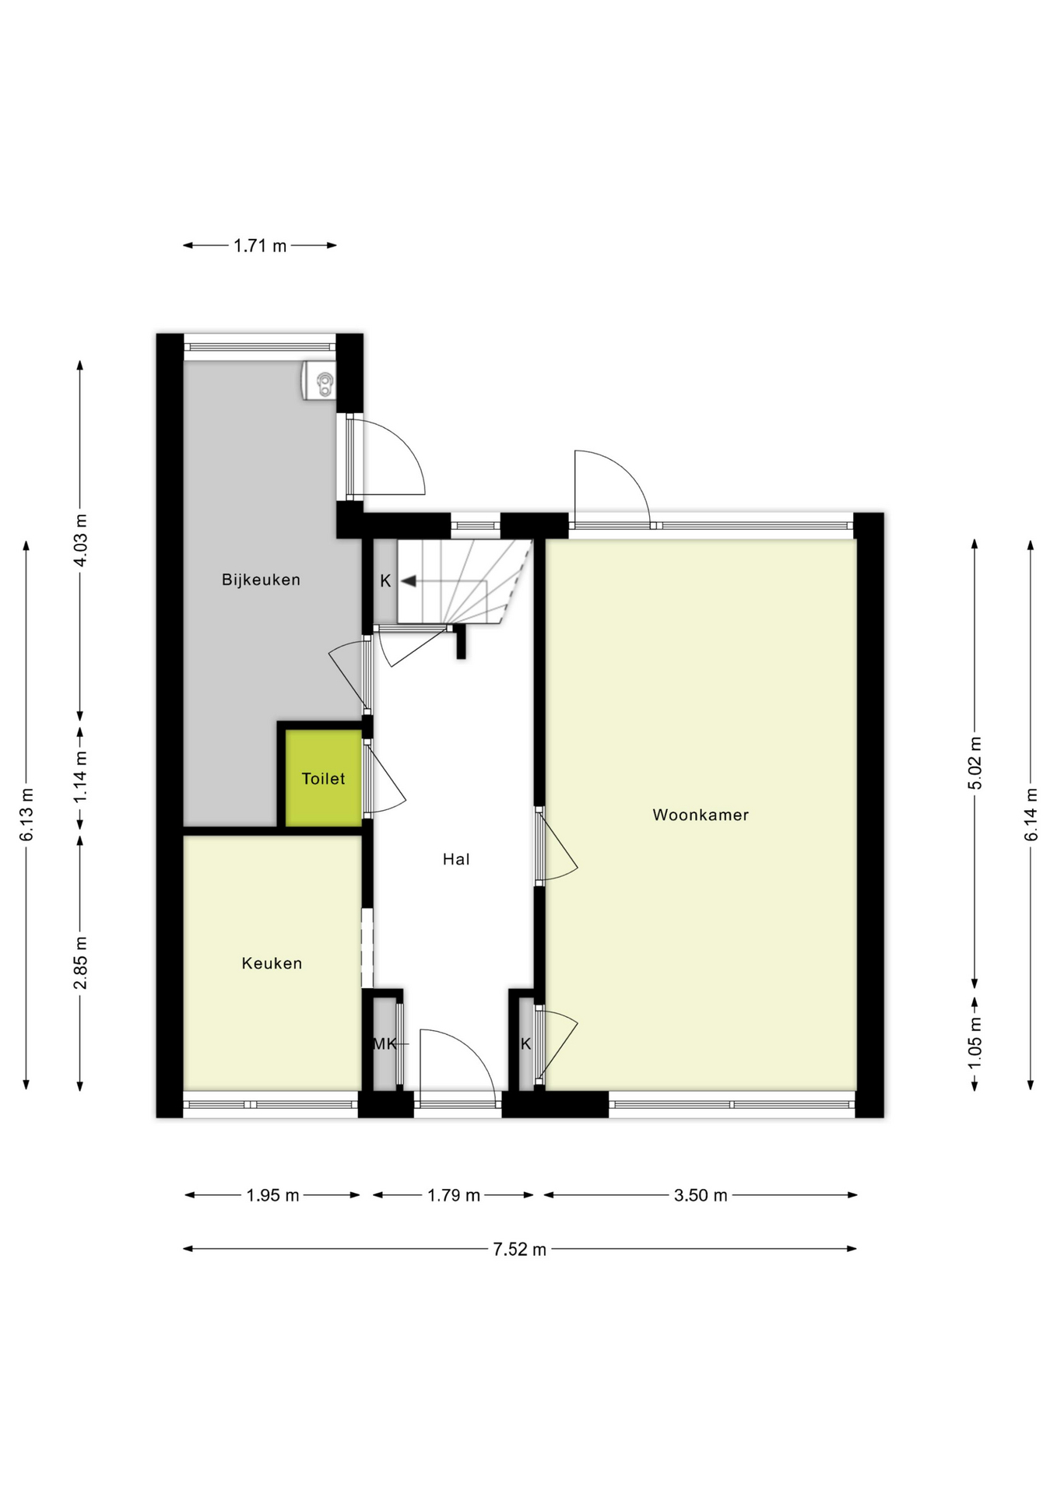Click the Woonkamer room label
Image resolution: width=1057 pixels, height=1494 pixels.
[x=700, y=815]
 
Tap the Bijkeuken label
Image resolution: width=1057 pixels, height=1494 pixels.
[x=261, y=580]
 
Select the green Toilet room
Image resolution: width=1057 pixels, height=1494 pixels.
[x=323, y=778]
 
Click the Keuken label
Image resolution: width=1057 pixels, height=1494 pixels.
[x=272, y=963]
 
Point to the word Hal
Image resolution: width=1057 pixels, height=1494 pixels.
[x=456, y=859]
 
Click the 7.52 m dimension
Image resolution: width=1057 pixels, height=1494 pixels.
[x=519, y=1250]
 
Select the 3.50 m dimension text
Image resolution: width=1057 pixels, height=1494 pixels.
[x=700, y=1195]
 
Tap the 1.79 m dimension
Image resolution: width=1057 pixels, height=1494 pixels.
[x=453, y=1195]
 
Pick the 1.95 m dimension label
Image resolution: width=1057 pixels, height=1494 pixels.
[x=272, y=1195]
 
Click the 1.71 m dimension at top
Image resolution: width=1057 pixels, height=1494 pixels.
[x=260, y=246]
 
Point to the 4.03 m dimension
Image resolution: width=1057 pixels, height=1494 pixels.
[x=80, y=541]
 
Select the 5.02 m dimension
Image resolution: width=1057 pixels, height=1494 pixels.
[x=974, y=763]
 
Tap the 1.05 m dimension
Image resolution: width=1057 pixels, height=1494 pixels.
[x=974, y=1043]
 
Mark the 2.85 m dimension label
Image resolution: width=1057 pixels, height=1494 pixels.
[x=80, y=963]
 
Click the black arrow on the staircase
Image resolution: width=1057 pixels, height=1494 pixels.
[x=408, y=581]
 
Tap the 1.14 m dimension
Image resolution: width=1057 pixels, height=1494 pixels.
[x=80, y=778]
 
